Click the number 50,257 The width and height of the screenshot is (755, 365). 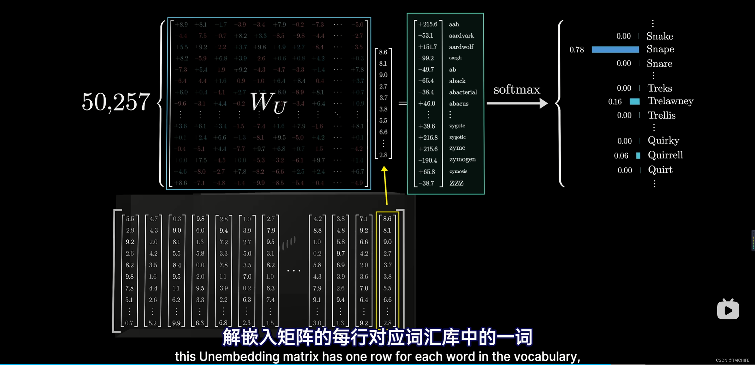point(116,102)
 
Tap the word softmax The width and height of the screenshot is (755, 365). point(517,89)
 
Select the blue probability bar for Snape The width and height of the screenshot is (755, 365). point(615,49)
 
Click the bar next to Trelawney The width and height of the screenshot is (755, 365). point(634,102)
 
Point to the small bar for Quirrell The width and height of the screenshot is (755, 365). point(638,155)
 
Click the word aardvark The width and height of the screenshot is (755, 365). point(462,36)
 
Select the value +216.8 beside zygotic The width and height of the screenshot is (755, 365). point(428,137)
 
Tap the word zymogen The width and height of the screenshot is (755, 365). point(462,160)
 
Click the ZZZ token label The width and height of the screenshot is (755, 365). point(456,183)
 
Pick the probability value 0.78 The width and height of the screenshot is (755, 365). point(577,49)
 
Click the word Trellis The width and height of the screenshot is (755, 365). point(662,115)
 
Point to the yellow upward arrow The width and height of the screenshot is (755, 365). point(385,185)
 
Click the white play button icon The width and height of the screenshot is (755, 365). point(728,310)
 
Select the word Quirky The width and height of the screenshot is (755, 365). point(663,140)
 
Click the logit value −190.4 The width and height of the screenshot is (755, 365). point(428,160)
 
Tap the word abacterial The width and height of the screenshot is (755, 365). point(463,92)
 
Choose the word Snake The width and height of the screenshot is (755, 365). point(660,36)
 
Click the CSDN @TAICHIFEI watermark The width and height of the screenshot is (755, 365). point(733,360)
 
